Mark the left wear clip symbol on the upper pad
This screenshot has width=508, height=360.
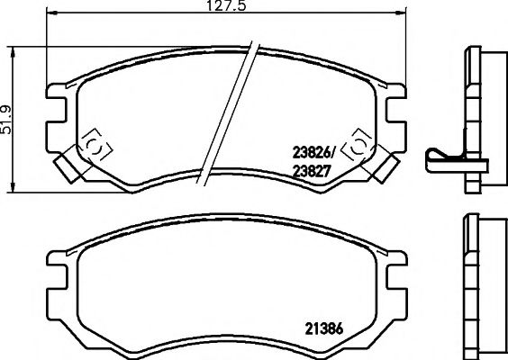[94, 145]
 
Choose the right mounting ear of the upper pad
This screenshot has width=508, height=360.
[393, 103]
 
